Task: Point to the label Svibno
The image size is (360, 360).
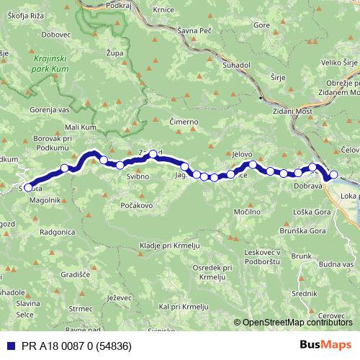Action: tap(138, 176)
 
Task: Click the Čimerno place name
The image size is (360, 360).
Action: tap(183, 122)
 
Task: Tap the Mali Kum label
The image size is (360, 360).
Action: tap(80, 127)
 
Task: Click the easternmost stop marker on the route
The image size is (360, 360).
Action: tap(333, 174)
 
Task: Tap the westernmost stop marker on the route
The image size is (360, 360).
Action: tap(28, 187)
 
